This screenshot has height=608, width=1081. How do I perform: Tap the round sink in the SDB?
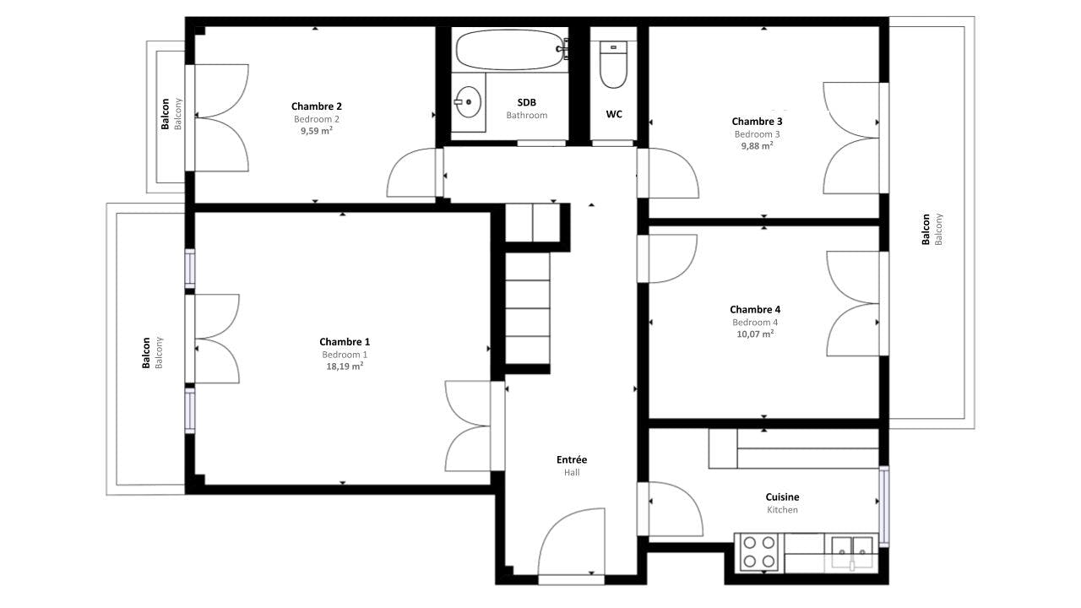point(467,103)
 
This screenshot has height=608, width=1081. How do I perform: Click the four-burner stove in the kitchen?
point(758,552)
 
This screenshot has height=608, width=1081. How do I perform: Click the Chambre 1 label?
point(345,342)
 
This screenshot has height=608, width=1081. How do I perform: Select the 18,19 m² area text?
point(345,366)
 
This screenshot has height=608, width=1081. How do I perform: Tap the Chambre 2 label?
point(317,106)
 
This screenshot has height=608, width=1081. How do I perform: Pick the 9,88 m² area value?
point(757,146)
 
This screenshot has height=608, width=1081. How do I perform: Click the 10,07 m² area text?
point(755,334)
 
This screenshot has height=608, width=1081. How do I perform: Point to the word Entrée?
point(572,460)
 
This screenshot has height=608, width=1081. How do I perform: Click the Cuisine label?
point(782,497)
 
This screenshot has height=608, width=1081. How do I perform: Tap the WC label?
point(614,114)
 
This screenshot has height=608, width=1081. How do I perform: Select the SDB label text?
point(527,103)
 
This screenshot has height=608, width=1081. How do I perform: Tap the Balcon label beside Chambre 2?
point(166,114)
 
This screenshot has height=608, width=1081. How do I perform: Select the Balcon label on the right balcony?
point(926,229)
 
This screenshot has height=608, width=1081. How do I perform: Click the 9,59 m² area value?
point(317,131)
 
